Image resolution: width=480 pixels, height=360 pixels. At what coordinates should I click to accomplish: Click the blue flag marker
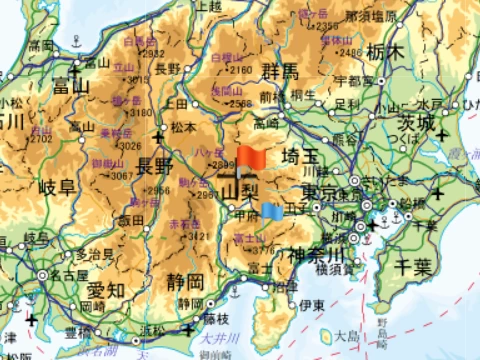[271, 210]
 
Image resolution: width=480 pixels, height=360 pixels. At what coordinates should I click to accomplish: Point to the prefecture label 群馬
[279, 70]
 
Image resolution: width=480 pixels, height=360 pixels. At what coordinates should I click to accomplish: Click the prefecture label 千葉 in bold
[410, 265]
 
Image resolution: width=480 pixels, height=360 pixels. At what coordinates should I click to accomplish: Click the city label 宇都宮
[355, 80]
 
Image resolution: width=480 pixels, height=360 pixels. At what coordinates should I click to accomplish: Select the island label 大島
[348, 336]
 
